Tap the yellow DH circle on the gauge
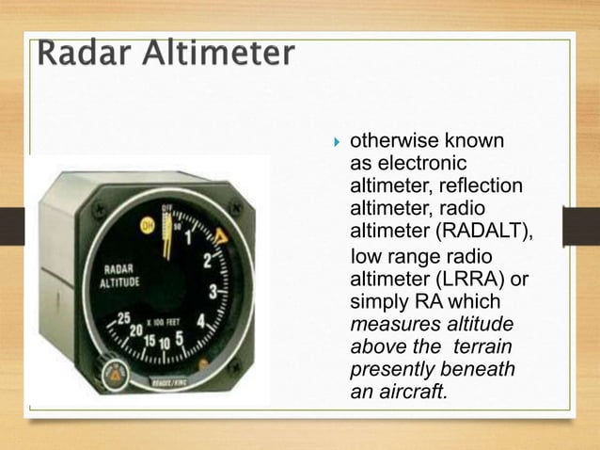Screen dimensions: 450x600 (x=144, y=225)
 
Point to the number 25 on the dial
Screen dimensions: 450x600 (x=123, y=318)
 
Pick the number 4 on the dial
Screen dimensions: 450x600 (x=200, y=320)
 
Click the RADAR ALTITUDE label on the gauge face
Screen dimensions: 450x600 (x=121, y=274)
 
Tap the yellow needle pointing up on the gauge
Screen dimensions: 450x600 (x=167, y=235)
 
